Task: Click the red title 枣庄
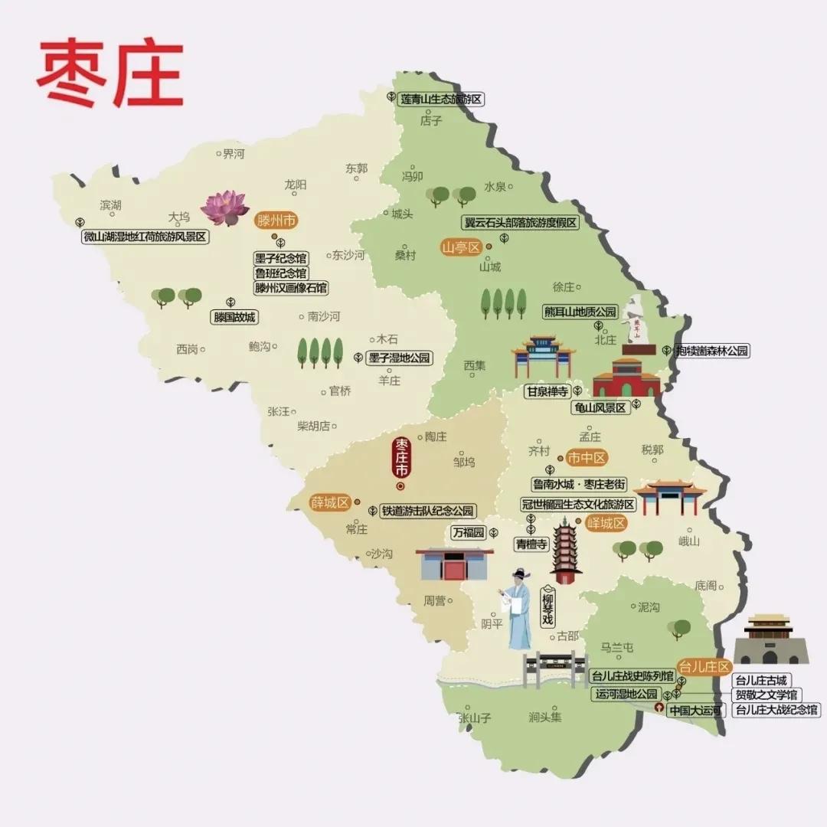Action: [110, 74]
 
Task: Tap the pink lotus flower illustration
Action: [225, 208]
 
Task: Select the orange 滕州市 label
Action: [276, 221]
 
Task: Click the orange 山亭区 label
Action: [460, 247]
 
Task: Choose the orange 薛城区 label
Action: [329, 503]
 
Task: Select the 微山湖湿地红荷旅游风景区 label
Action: [145, 237]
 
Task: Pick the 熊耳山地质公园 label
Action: [580, 312]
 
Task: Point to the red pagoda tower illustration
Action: [565, 551]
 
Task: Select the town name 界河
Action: [233, 154]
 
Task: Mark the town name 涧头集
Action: [544, 717]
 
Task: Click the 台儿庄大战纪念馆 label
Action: [776, 710]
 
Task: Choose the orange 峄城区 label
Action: [606, 524]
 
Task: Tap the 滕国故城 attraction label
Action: [234, 316]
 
